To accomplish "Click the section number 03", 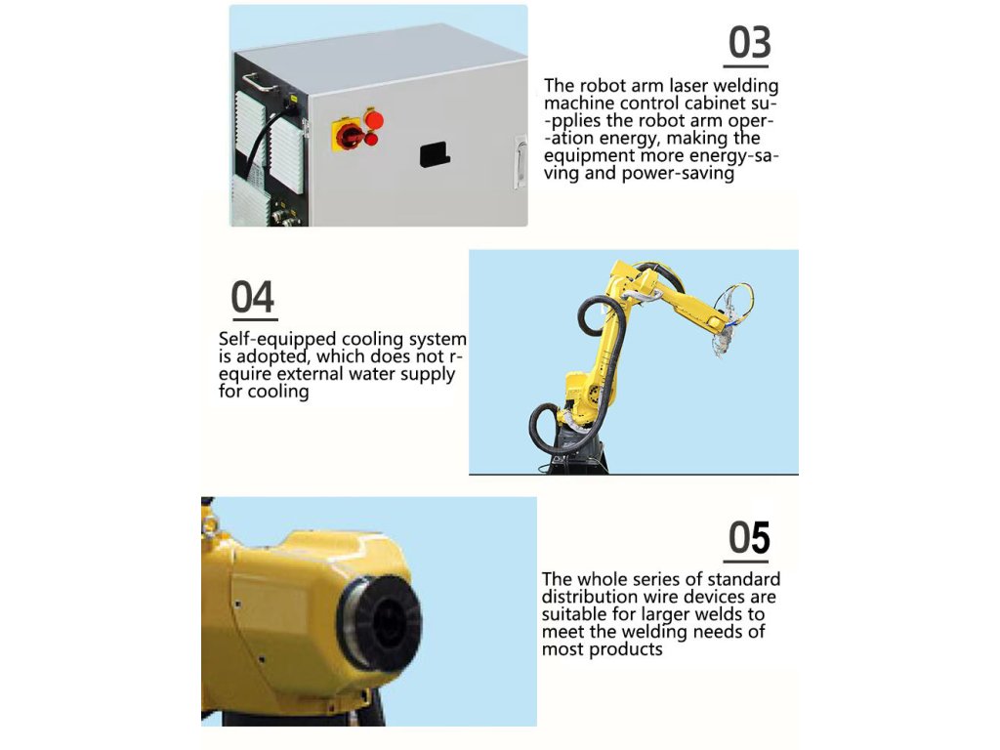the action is (x=749, y=43).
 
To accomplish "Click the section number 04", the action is (x=253, y=297).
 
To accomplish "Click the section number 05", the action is (x=749, y=538).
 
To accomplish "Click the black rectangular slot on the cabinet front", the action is (x=435, y=155).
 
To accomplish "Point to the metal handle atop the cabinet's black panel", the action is (x=258, y=82).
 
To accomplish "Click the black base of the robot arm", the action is (x=577, y=453).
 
